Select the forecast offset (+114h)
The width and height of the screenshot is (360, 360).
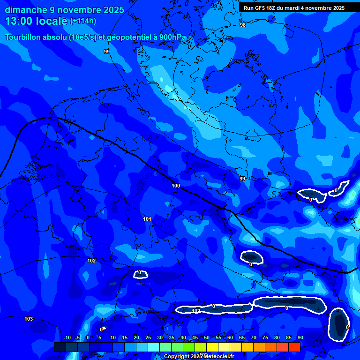coord(83,21)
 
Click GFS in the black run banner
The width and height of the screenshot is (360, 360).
coord(261,8)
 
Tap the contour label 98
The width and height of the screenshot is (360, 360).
coord(242,25)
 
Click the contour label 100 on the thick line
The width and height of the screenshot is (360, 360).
coord(176,186)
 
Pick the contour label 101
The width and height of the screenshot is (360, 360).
coord(147,219)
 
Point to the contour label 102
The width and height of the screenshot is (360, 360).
coord(91,261)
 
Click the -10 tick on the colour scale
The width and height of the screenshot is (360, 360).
coord(67,337)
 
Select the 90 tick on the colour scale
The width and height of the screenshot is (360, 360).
coord(300,337)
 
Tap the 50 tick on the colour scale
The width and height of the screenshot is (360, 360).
coord(206,337)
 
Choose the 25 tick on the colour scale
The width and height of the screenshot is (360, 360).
coord(148,337)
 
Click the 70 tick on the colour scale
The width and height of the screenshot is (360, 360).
coord(253,337)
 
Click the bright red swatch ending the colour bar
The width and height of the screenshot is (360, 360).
coord(294,347)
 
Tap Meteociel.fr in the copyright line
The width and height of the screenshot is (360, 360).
coord(218,356)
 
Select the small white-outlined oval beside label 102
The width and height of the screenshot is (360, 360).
coord(141,274)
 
